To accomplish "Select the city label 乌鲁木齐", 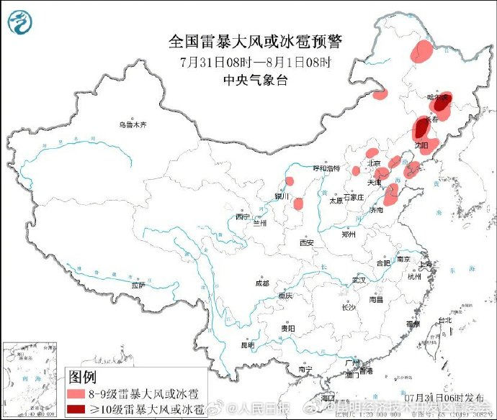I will point(133,124).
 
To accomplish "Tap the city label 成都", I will point(261,283).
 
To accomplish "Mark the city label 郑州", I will point(349,234).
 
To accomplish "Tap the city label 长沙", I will point(349,307).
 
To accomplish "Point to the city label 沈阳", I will point(420,145).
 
